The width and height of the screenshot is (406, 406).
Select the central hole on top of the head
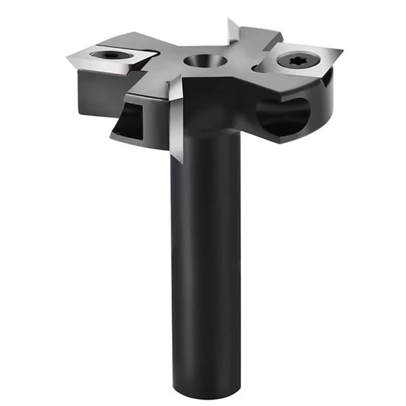tap(205, 61)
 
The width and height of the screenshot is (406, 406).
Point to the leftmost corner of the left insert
tap(68, 56)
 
